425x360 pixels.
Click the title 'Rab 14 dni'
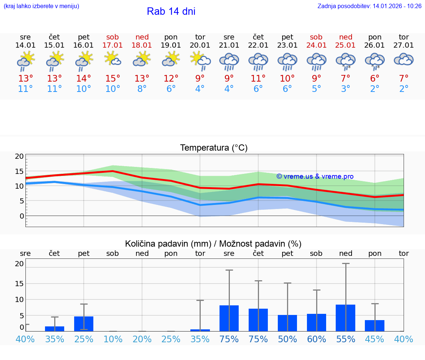(171, 11)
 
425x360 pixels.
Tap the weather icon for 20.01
(200, 61)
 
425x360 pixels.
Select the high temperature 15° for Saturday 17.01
(113, 79)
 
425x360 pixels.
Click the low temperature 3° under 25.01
(346, 89)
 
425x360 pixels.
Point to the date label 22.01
(258, 45)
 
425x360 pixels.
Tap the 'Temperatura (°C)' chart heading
(214, 148)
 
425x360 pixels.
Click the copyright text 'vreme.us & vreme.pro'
(315, 176)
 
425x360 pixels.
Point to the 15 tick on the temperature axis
(19, 171)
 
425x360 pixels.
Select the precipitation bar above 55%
(346, 318)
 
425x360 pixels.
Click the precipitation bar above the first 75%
(229, 318)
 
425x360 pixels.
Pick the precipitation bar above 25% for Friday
(84, 324)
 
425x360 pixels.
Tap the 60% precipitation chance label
(317, 339)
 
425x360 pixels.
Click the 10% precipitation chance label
(113, 339)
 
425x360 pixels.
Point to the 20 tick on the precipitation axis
(19, 264)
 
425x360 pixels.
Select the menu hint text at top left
(41, 6)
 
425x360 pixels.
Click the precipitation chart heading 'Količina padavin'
(213, 244)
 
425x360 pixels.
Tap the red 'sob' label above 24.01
(316, 37)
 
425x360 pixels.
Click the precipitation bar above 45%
(375, 326)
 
